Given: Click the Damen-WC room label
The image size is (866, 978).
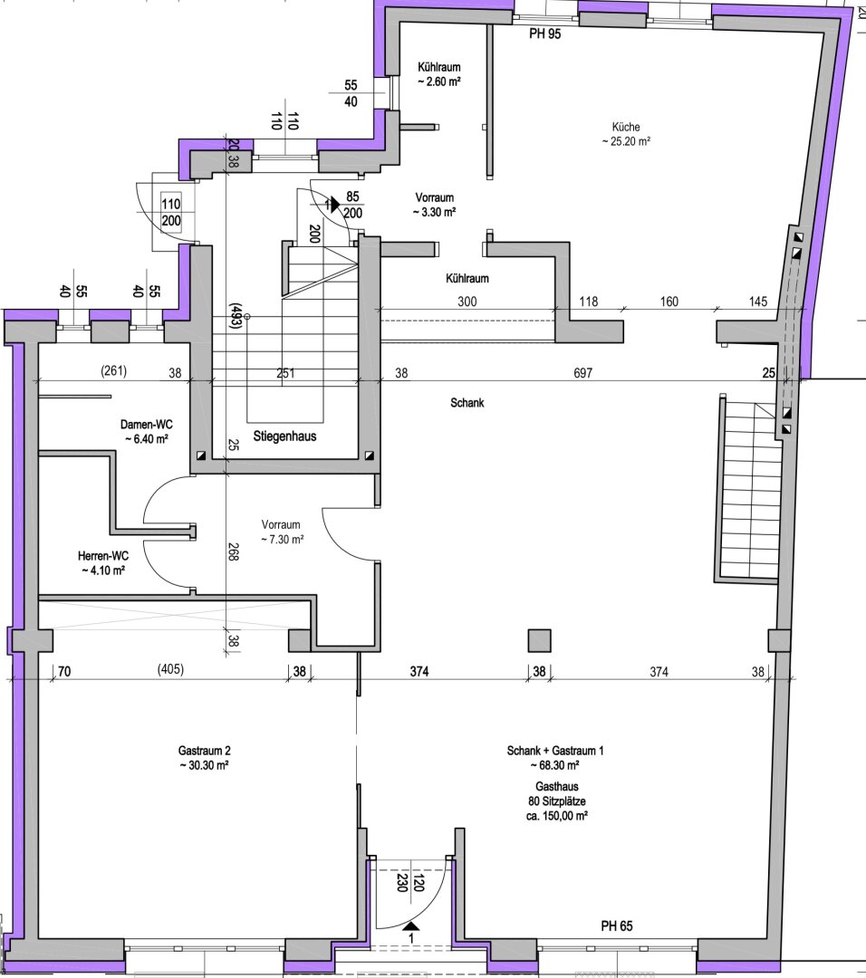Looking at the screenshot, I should (146, 424).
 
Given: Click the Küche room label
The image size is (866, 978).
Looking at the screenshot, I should (626, 126).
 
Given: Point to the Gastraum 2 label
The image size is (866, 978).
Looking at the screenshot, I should (203, 751).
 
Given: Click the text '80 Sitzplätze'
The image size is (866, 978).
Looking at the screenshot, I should (556, 801).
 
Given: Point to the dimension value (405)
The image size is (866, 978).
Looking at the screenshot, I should (170, 671).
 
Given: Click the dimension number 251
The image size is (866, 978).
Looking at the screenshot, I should (286, 372).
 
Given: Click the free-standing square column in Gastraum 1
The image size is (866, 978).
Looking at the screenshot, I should (540, 640).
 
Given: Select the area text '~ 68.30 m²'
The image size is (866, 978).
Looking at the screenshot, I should (556, 765).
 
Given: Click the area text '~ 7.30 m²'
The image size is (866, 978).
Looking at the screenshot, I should (282, 540).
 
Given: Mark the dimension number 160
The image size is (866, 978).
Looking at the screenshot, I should (669, 302).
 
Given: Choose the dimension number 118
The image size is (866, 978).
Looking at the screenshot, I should (589, 302).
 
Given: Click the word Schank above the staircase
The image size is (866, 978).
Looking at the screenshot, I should (467, 403).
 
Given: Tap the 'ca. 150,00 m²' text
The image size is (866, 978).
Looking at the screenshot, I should (556, 815).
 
